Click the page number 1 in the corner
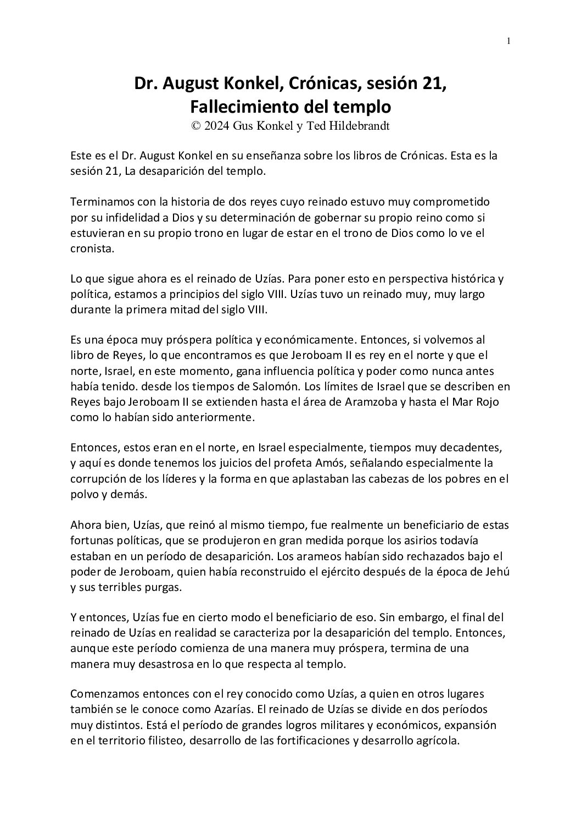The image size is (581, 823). (x=509, y=41)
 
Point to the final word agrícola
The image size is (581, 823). (x=437, y=741)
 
